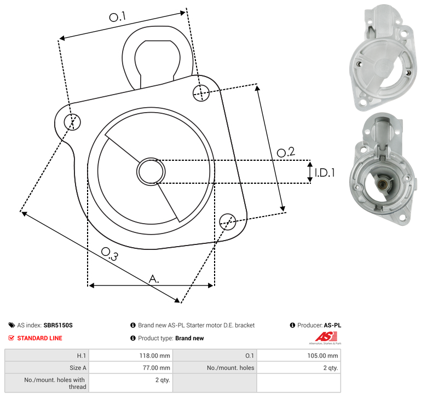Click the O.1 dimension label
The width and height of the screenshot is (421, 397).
[x=118, y=17]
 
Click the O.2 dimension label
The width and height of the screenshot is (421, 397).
[x=286, y=152]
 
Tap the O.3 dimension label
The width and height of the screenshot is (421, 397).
[x=109, y=254]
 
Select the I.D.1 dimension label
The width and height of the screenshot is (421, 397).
[x=325, y=173]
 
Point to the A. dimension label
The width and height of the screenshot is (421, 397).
[x=154, y=279]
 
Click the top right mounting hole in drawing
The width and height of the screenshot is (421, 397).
[x=201, y=93]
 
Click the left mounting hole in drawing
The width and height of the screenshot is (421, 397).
[x=72, y=122]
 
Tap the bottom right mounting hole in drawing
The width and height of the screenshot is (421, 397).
[x=228, y=221]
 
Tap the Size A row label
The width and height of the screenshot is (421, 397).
[x=78, y=368]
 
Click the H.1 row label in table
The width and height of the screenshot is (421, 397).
[x=82, y=355]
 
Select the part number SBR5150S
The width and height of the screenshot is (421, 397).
[x=58, y=325]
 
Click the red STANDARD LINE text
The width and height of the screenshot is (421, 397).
[x=40, y=338]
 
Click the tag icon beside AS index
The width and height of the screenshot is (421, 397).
[x=11, y=325]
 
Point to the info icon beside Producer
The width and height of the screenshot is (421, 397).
[x=292, y=325]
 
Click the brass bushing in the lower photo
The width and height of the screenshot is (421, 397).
[x=382, y=184]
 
